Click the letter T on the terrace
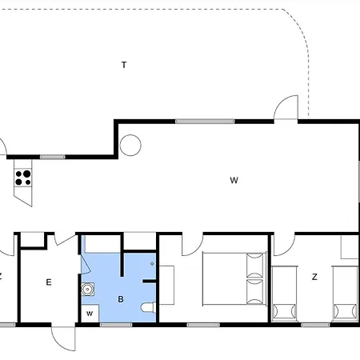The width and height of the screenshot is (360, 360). coord(124,65)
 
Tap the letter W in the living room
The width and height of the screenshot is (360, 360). coord(234,180)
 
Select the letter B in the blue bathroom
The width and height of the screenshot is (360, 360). coord(121,299)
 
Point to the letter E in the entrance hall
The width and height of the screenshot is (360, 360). coord(49,282)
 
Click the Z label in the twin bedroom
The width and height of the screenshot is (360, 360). coord(314,277)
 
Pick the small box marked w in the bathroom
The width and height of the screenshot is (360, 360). coord(90,314)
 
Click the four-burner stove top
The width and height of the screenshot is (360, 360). coord(23,178)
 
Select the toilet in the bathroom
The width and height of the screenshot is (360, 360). coord(148,307)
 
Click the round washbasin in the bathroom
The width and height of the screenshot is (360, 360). coord(87,290)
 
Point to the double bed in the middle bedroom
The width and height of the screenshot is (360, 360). coord(234,278)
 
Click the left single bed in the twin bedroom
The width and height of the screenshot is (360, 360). coord(284,293)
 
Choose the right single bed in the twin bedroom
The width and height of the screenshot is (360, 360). coord(345,293)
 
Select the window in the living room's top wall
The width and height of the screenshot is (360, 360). coord(205,122)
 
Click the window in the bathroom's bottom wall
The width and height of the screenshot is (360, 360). coord(116,325)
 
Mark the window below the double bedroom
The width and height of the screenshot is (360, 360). coord(203,325)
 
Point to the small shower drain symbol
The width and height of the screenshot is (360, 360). coord(152,264)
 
